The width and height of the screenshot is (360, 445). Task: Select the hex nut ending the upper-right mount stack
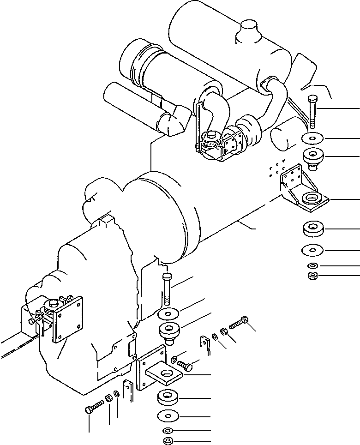click(x=312, y=276)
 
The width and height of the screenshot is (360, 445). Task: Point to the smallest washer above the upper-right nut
click(x=312, y=266)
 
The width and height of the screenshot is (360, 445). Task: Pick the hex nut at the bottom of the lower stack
click(x=168, y=441)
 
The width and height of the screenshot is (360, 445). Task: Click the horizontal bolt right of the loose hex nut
click(x=239, y=322)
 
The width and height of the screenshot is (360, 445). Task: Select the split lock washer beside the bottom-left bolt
click(x=109, y=398)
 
